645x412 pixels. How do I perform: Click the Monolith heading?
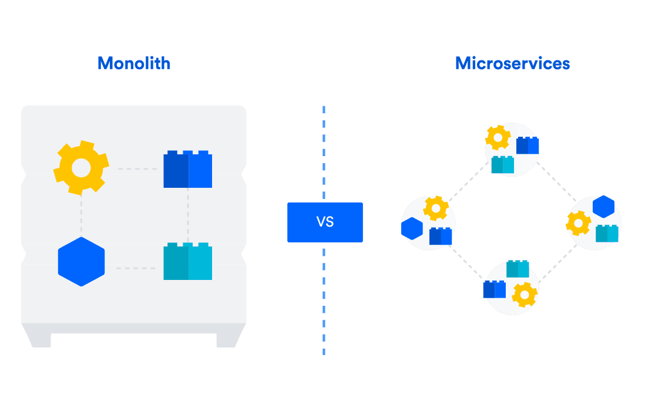pos(134,63)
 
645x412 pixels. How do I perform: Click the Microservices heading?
pos(512,63)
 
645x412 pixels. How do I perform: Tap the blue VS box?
pos(325,222)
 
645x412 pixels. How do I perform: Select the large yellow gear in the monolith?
pos(81,168)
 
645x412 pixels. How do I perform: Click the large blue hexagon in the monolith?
pos(81,262)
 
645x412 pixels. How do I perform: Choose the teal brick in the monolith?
pos(187,262)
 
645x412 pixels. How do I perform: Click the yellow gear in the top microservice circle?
pos(498,138)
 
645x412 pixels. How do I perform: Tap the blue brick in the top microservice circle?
pos(528,146)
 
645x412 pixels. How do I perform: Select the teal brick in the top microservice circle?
pos(503,165)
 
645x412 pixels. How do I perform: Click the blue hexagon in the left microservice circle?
pos(412,228)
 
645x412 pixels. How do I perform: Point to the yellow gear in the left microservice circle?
pos(436,208)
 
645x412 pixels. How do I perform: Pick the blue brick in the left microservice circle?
pos(441,236)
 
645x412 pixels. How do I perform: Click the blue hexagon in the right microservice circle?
pos(603,207)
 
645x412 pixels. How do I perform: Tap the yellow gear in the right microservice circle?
pos(579,223)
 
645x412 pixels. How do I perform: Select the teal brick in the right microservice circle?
pos(607,234)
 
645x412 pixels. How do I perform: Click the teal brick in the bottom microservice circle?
pos(518,269)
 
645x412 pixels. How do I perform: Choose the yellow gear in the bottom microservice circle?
pos(525,295)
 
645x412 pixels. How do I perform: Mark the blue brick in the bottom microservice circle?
pos(495,289)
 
